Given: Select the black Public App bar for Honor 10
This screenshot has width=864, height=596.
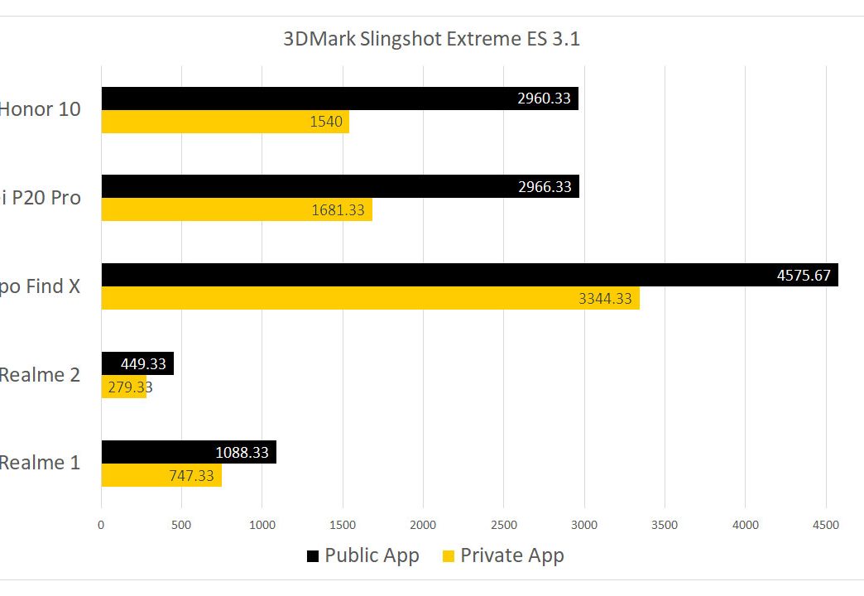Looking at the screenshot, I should pyautogui.click(x=339, y=99).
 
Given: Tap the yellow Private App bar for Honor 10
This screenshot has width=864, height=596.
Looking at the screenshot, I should pyautogui.click(x=225, y=122).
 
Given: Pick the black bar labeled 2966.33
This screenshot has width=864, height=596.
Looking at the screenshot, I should pyautogui.click(x=339, y=186).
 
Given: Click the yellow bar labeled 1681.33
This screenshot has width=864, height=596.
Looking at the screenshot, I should pyautogui.click(x=237, y=209).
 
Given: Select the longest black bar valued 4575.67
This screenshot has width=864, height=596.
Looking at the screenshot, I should pyautogui.click(x=469, y=275).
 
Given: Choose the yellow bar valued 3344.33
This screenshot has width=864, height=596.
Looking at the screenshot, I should pyautogui.click(x=370, y=298).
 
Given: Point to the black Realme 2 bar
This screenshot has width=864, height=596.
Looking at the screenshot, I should pyautogui.click(x=137, y=363).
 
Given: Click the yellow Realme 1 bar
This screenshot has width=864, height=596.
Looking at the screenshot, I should pyautogui.click(x=161, y=474).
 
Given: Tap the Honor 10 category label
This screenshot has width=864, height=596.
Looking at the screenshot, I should pyautogui.click(x=40, y=108).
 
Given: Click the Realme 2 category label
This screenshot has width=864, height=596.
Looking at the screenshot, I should pyautogui.click(x=40, y=374).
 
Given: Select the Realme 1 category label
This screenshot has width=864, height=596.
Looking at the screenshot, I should pyautogui.click(x=40, y=462).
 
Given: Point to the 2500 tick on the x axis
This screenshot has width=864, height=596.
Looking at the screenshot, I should pyautogui.click(x=503, y=525).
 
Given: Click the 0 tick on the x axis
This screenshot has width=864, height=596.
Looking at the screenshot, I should pyautogui.click(x=101, y=525).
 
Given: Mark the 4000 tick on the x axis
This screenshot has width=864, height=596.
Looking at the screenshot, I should pyautogui.click(x=745, y=525).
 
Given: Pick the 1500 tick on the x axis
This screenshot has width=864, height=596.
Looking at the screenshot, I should pyautogui.click(x=343, y=525).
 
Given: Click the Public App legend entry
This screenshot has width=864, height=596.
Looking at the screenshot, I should pyautogui.click(x=364, y=555).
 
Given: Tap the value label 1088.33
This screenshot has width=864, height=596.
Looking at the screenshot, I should pyautogui.click(x=242, y=452).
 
